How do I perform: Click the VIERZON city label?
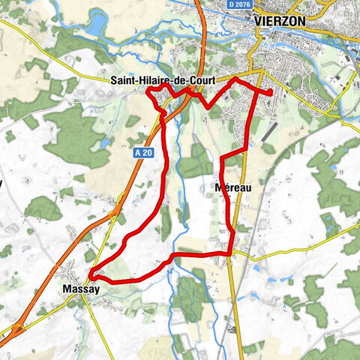pos(280,21)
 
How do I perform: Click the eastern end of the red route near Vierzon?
pos(270,91)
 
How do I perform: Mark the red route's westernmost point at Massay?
pos(89,275)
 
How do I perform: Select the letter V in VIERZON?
pos(259,21)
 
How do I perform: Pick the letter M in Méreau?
pos(217,187)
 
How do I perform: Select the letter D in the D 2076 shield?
pos(231,5)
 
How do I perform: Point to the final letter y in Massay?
pos(95,289)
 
